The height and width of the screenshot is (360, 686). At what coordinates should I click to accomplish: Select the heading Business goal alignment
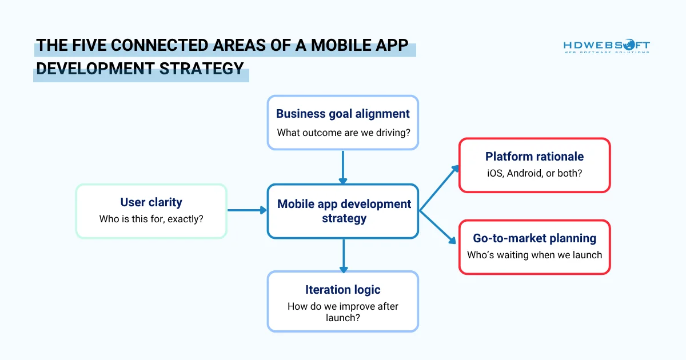[x=343, y=113]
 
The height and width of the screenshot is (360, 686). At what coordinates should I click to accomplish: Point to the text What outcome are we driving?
[x=343, y=133]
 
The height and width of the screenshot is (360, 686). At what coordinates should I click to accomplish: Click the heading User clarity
[x=151, y=202]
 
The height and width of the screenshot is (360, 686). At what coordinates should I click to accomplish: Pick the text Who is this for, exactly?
[x=151, y=218]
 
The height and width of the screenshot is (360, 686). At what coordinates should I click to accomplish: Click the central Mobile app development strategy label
[x=344, y=211]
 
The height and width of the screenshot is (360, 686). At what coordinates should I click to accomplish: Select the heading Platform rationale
[x=535, y=157]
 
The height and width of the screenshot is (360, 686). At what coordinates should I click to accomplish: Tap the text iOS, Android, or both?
[x=535, y=173]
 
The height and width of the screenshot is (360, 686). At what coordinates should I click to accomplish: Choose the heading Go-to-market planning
[x=535, y=238]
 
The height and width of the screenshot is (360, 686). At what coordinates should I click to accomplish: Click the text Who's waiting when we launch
[x=535, y=255]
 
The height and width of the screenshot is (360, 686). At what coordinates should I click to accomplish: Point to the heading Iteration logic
[x=343, y=290]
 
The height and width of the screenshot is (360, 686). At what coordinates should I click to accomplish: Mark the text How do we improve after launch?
[x=343, y=312]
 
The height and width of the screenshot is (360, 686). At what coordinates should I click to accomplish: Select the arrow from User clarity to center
[x=247, y=210]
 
